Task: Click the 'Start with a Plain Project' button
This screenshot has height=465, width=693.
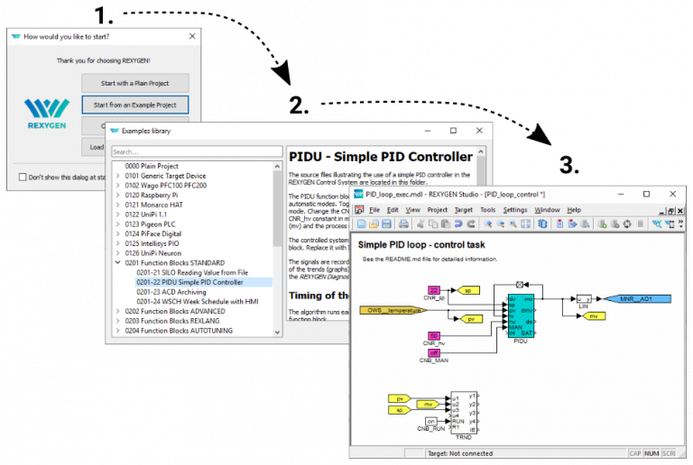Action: point(134,82)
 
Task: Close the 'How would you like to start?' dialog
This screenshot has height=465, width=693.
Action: point(191,36)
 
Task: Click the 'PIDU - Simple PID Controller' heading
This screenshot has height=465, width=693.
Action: point(380,157)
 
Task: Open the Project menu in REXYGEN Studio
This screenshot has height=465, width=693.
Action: point(437,209)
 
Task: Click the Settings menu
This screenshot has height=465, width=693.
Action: point(515,209)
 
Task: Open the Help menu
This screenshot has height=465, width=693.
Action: point(574,209)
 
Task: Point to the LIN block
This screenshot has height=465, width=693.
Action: point(584,298)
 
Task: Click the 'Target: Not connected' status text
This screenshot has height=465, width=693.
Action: point(461,453)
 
